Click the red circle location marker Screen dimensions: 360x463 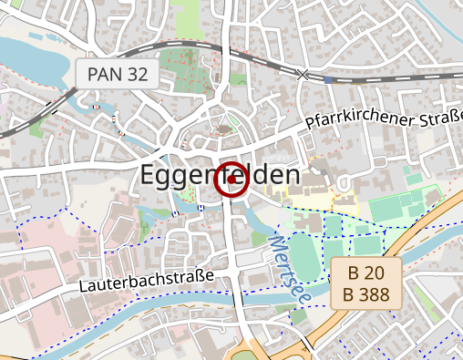(231, 180)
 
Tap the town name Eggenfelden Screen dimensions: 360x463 (220, 176)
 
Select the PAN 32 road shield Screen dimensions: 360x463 (117, 75)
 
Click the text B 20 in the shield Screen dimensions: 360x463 (366, 273)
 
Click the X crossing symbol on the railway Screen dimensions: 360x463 (303, 75)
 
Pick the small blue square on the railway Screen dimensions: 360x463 (327, 79)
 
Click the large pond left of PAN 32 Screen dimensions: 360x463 (36, 64)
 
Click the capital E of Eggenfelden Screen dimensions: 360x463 (149, 176)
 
